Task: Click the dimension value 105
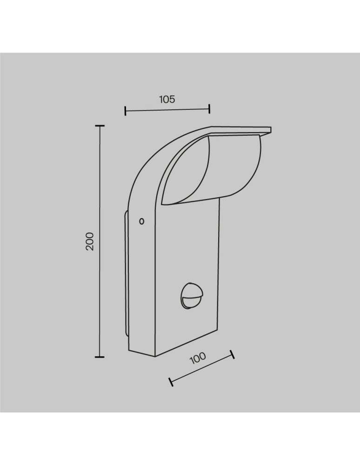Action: click(167, 99)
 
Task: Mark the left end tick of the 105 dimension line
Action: click(126, 111)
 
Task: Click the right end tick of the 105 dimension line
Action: click(209, 109)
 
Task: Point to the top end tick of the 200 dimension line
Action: click(99, 126)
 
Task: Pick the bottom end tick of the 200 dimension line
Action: click(99, 357)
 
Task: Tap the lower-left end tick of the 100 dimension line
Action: click(171, 382)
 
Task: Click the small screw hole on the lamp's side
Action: click(142, 221)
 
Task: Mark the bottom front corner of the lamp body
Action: click(154, 357)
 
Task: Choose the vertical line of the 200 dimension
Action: click(99, 186)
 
